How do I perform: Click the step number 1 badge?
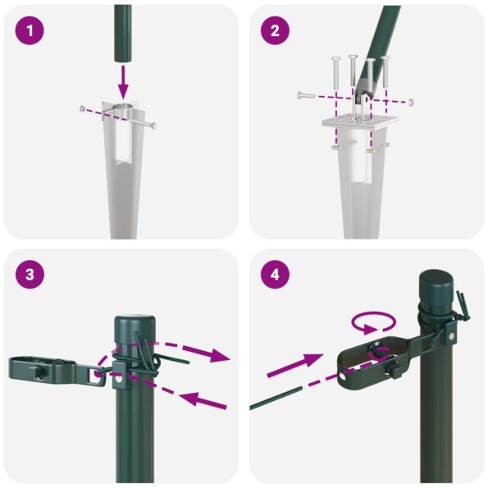point(30,31)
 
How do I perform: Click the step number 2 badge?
point(275,31)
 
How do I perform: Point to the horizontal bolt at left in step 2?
point(308,97)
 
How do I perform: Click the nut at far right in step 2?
point(411,102)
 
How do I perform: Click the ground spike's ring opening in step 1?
point(122,113)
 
